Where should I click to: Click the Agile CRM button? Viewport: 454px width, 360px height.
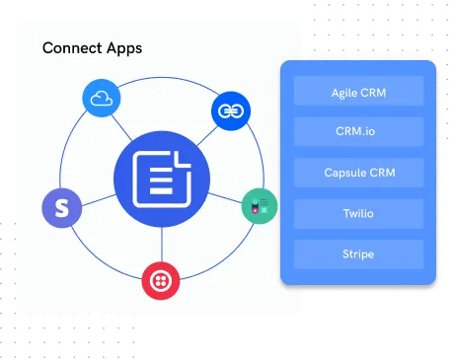pyautogui.click(x=358, y=92)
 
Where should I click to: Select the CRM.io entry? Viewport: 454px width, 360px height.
pyautogui.click(x=358, y=131)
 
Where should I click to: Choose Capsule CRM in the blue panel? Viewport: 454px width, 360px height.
pyautogui.click(x=358, y=172)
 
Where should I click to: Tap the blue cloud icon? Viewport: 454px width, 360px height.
pyautogui.click(x=101, y=99)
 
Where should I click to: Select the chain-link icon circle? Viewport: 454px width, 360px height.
pyautogui.click(x=229, y=110)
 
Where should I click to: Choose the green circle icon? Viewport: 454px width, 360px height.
pyautogui.click(x=259, y=207)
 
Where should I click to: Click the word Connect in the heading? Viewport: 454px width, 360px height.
pyautogui.click(x=70, y=47)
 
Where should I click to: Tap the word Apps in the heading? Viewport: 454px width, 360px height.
pyautogui.click(x=122, y=48)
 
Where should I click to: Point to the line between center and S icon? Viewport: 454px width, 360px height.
pyautogui.click(x=97, y=196)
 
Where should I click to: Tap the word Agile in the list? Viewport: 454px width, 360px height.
pyautogui.click(x=346, y=92)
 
